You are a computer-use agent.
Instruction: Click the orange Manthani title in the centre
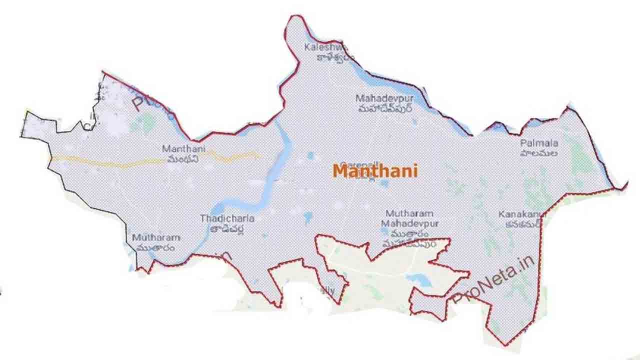point(374,171)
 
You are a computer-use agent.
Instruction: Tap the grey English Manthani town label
point(183,149)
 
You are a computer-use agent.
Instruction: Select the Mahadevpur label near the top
point(380,98)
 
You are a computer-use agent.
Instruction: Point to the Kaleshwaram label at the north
point(325,47)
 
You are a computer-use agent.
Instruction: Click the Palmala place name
point(539,143)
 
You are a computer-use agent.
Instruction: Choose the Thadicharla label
point(227,218)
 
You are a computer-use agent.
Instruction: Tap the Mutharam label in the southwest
point(156,237)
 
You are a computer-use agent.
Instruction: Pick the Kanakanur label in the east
point(519,214)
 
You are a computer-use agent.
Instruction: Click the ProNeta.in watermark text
point(492,280)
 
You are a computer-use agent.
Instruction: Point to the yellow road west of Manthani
point(100,162)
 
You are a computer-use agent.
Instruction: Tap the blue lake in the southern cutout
point(419,280)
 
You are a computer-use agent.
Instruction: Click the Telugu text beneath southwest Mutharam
point(156,247)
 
